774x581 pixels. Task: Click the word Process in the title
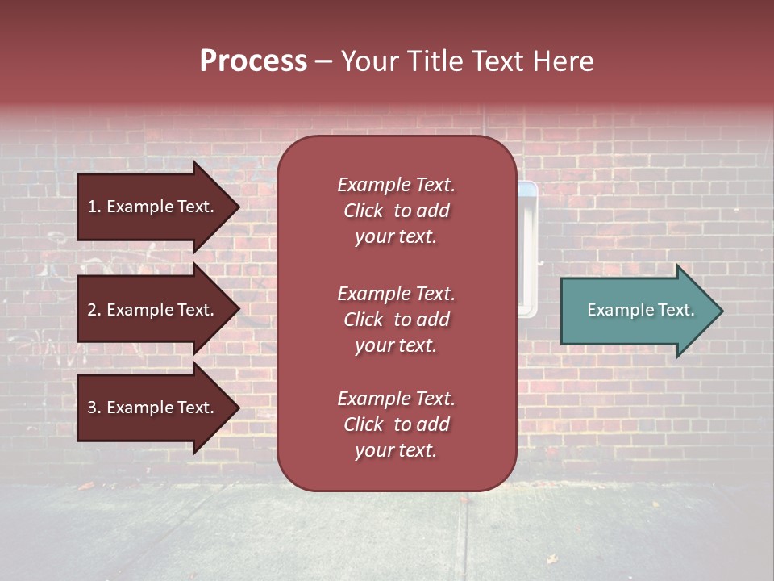pos(253,61)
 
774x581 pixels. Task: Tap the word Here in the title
pos(564,61)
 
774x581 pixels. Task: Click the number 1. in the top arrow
pos(94,207)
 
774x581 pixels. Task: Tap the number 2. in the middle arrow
pos(94,310)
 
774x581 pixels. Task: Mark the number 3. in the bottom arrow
pos(94,408)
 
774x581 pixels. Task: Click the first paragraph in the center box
pos(396,211)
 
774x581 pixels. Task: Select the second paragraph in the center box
pos(396,320)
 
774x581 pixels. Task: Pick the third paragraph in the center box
pos(396,424)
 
